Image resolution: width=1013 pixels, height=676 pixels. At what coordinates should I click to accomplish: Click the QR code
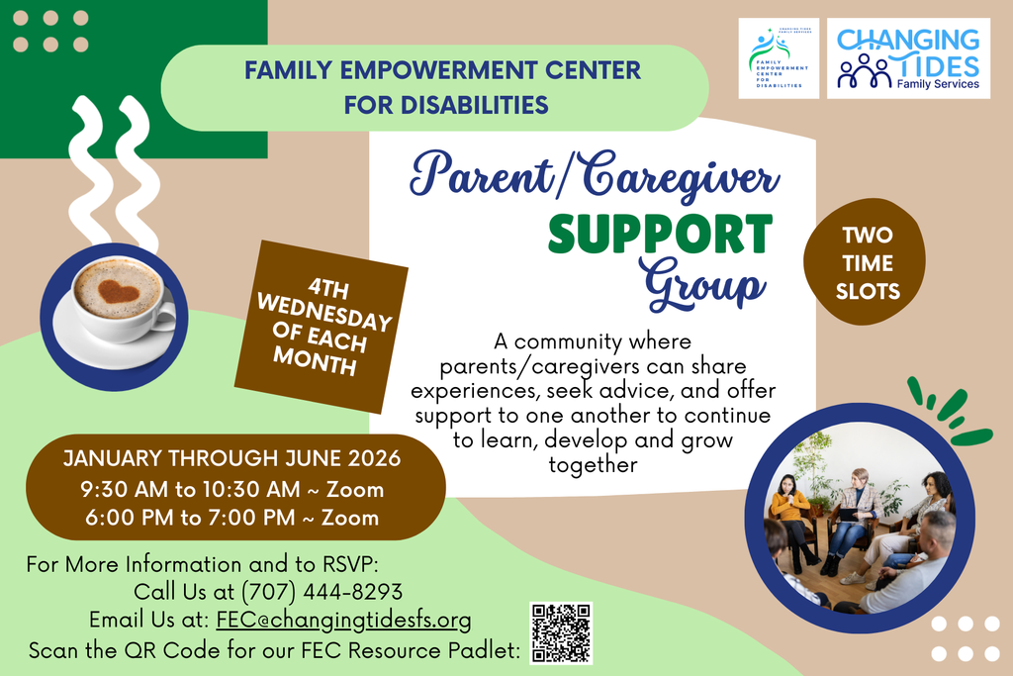point(561,632)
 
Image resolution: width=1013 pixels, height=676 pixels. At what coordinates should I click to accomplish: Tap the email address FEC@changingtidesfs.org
point(343,620)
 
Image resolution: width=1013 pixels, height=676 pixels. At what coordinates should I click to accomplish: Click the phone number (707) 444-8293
point(322,592)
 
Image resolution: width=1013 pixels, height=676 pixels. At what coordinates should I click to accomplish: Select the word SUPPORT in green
point(660,235)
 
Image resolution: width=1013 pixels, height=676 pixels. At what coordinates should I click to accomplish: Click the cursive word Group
point(703,282)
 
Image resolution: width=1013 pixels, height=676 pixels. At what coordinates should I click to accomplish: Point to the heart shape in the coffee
point(117,290)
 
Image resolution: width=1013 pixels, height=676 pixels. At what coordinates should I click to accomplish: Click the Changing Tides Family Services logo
point(908,58)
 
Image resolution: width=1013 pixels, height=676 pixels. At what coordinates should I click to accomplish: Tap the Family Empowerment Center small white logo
point(778,59)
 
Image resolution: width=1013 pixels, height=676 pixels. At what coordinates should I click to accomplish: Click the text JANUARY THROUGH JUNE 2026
point(232,459)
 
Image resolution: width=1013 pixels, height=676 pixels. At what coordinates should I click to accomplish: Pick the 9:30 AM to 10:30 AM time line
point(232,489)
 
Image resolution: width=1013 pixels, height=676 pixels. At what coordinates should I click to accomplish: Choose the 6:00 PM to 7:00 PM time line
point(232,517)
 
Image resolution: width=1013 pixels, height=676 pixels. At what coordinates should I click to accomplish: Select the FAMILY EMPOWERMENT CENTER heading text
point(442,71)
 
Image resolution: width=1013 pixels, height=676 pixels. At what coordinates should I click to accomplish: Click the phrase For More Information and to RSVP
point(203,564)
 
